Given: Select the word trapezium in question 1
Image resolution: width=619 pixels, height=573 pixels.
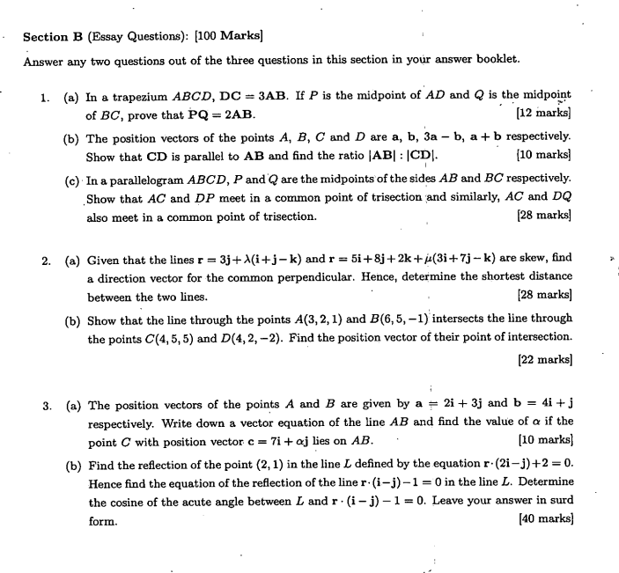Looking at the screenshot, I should pyautogui.click(x=136, y=96).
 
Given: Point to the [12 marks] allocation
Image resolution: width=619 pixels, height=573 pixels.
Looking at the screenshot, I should pyautogui.click(x=545, y=114).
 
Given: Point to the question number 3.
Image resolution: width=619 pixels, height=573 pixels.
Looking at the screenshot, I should pyautogui.click(x=47, y=407).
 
